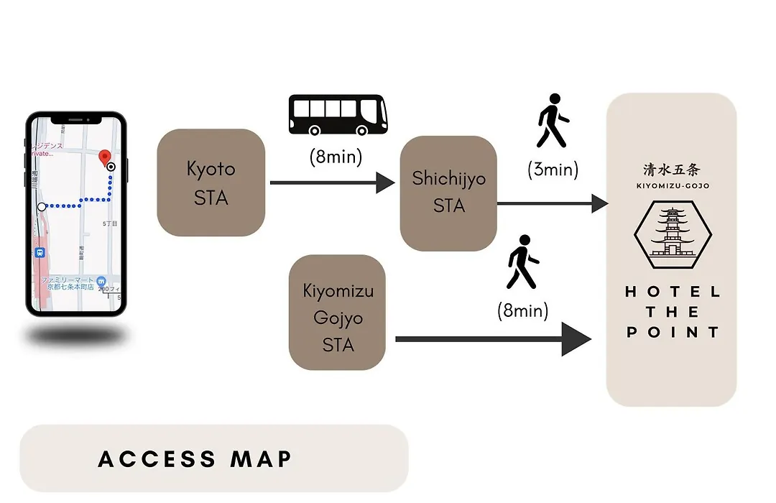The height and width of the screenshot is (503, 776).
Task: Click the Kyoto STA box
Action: pyautogui.click(x=211, y=183)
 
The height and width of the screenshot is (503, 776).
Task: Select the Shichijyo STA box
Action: pyautogui.click(x=448, y=193)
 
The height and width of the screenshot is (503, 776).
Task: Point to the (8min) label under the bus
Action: pyautogui.click(x=336, y=157)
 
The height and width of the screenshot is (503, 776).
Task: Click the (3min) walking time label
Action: pyautogui.click(x=553, y=170)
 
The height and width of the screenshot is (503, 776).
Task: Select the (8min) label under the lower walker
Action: pyautogui.click(x=522, y=311)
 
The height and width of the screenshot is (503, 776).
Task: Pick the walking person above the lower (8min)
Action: pyautogui.click(x=522, y=262)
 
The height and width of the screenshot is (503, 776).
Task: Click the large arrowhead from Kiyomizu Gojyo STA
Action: pyautogui.click(x=576, y=338)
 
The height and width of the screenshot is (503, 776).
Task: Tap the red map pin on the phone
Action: pyautogui.click(x=104, y=157)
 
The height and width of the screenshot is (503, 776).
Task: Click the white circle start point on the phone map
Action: pyautogui.click(x=42, y=206)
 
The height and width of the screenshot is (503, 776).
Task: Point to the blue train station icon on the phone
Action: pyautogui.click(x=40, y=253)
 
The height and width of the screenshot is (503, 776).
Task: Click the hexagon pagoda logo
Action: pyautogui.click(x=672, y=231)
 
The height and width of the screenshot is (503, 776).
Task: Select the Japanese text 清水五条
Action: pyautogui.click(x=671, y=170)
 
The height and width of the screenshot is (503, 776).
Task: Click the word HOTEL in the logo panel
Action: pyautogui.click(x=672, y=292)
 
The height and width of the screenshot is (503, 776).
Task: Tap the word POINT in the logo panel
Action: pyautogui.click(x=672, y=332)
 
